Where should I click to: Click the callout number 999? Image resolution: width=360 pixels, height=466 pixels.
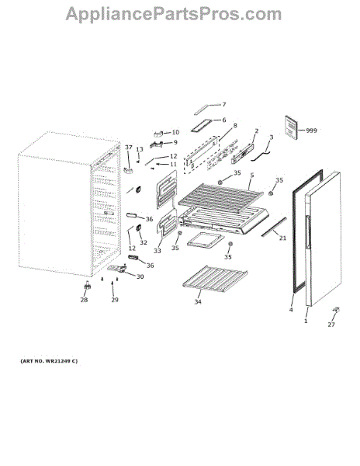click(x=311, y=130)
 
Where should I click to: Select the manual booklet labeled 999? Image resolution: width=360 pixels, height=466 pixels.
click(x=291, y=127)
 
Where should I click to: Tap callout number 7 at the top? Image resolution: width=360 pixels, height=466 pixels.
click(x=224, y=104)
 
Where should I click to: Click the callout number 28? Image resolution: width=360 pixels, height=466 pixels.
click(x=84, y=300)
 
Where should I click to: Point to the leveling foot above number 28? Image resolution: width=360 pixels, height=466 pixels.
click(x=87, y=286)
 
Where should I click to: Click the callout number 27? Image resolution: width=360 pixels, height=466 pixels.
click(x=331, y=325)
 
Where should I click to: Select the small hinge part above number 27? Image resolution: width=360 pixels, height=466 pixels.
click(x=336, y=310)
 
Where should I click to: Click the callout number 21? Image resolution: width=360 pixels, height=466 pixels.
click(x=283, y=238)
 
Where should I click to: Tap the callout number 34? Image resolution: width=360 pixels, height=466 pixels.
click(x=198, y=301)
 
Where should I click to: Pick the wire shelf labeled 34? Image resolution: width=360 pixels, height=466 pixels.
click(x=215, y=279)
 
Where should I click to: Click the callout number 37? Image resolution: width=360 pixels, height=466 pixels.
click(x=129, y=147)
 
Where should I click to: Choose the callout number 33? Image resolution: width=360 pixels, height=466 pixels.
click(x=157, y=251)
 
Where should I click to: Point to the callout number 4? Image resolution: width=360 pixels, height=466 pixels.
click(x=291, y=310)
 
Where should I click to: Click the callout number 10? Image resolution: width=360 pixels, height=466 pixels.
click(x=175, y=132)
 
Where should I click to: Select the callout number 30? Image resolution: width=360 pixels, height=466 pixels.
click(x=140, y=276)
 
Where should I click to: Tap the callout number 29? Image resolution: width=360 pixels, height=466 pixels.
click(x=115, y=300)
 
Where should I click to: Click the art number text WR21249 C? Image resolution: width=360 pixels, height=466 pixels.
click(x=49, y=361)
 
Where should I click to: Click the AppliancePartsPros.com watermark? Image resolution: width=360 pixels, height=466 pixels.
click(x=174, y=14)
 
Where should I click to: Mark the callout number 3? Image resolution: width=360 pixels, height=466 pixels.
click(x=272, y=137)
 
